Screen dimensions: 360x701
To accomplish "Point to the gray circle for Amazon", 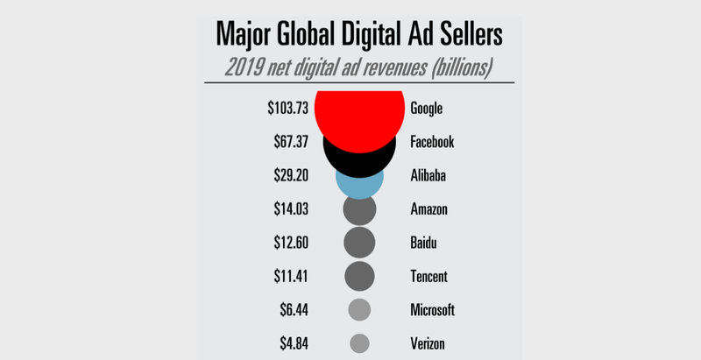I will (359, 209).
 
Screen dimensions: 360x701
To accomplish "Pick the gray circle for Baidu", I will (359, 243).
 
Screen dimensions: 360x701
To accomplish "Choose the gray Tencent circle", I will (359, 276).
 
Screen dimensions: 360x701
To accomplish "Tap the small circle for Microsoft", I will (359, 309).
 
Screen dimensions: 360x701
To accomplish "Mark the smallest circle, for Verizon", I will (359, 342).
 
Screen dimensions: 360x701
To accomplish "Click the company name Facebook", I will (432, 142).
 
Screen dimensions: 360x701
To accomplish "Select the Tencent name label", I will (428, 276).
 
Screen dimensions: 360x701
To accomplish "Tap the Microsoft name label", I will (432, 309).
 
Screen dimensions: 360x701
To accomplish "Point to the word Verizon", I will (428, 342).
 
